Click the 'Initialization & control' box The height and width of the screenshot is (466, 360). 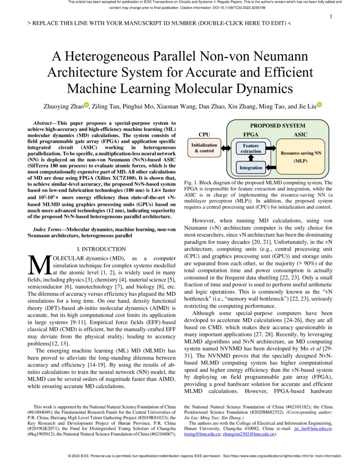(x=204, y=148)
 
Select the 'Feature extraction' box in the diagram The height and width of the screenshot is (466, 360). (x=251, y=148)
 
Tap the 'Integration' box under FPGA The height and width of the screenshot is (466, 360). (x=251, y=168)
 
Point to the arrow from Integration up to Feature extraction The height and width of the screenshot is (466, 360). (x=251, y=158)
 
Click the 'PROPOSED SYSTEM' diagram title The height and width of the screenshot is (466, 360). (x=277, y=126)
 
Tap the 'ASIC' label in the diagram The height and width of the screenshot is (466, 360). (x=300, y=135)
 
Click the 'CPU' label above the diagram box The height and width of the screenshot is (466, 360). (x=204, y=135)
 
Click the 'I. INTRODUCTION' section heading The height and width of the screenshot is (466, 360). (x=102, y=249)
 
